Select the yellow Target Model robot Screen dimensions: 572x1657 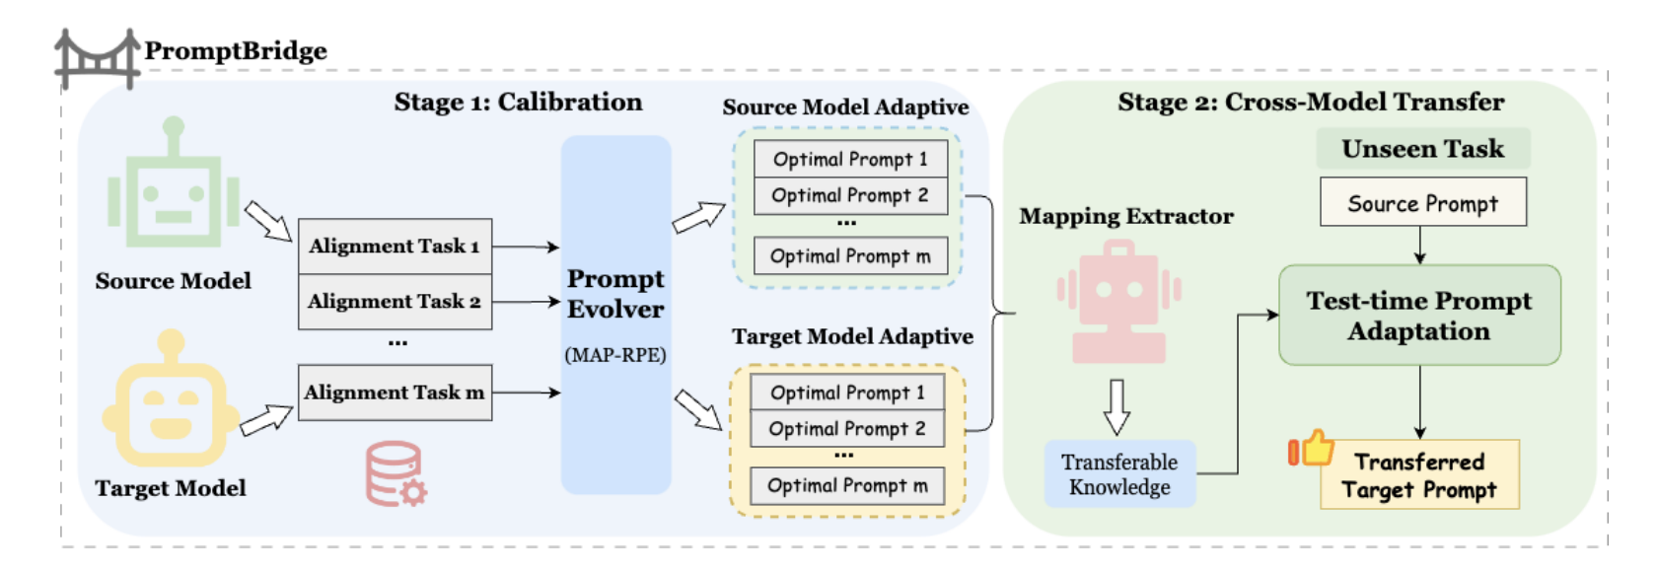click(x=171, y=402)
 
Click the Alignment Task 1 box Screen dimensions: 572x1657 click(x=395, y=247)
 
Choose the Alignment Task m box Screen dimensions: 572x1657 click(x=395, y=393)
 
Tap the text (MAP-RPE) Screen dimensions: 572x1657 click(x=615, y=355)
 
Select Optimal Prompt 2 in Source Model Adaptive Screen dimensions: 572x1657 click(x=849, y=195)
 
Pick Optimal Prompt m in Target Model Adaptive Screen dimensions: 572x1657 click(x=847, y=485)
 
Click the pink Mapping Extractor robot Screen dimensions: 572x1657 click(x=1118, y=304)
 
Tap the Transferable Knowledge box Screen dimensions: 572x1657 click(x=1119, y=474)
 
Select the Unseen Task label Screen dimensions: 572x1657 click(x=1422, y=149)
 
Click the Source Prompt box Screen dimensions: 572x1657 click(x=1422, y=203)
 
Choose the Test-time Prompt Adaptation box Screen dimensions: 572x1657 click(x=1418, y=316)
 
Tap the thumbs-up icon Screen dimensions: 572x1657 click(x=1312, y=450)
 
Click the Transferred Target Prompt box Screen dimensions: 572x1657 click(x=1418, y=475)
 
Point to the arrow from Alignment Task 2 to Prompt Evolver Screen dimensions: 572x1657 click(x=526, y=302)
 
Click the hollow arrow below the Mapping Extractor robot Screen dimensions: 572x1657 click(x=1117, y=406)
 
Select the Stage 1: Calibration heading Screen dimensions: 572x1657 click(x=518, y=103)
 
